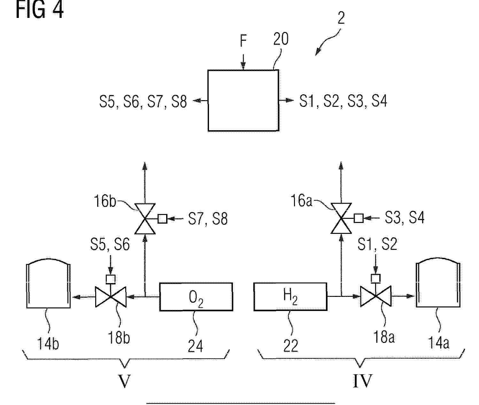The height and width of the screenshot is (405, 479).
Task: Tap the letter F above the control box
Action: pos(243,41)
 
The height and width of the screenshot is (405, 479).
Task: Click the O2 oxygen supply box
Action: pos(196,297)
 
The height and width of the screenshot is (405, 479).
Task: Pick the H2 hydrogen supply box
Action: pos(290,297)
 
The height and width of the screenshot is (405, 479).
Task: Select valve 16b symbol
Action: pos(145,219)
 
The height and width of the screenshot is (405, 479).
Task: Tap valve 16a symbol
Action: pos(341,218)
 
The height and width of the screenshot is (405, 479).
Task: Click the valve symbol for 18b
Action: pos(111,297)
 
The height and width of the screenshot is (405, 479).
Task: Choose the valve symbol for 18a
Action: pos(376,296)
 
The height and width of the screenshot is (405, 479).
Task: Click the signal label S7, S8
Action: pos(208,218)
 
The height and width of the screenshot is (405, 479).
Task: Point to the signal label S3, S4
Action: pos(405,217)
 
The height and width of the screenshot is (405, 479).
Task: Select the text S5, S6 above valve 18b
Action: pos(110,244)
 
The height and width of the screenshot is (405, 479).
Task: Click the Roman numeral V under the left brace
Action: pos(124,381)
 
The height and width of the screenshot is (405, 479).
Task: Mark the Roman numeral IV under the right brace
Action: pos(362,381)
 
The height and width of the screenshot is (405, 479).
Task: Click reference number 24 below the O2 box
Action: pos(196,346)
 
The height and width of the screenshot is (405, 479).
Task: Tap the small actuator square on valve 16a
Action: pos(359,218)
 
